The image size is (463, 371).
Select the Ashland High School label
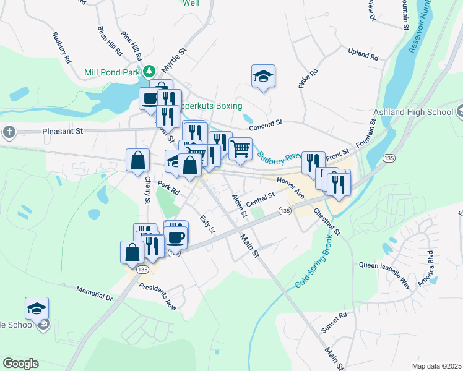[413, 113]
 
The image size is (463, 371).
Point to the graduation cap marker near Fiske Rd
[263, 77]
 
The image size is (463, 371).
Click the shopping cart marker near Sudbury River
[240, 147]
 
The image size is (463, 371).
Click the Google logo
[20, 364]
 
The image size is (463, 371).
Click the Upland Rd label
[363, 54]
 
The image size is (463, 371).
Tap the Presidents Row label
[158, 296]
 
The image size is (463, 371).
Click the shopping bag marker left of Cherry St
[137, 160]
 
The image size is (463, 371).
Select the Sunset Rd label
[334, 323]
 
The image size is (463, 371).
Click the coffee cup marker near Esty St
[176, 236]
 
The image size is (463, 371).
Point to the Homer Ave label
[291, 188]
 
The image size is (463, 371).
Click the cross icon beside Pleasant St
[9, 132]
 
